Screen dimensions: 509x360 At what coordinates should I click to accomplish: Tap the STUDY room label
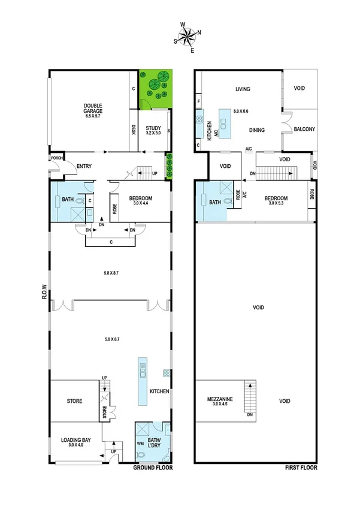(153, 127)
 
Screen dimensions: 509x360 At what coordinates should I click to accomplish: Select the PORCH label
(56, 158)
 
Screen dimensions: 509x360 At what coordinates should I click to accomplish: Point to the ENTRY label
(84, 166)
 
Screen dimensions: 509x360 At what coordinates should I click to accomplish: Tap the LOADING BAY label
(75, 439)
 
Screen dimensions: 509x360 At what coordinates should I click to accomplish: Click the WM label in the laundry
(141, 443)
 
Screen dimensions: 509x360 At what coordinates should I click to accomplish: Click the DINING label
(258, 129)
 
